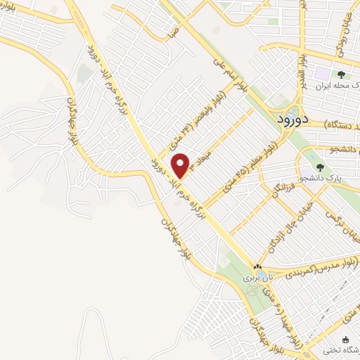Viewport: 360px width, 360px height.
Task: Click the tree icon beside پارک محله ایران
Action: pyautogui.click(x=341, y=75)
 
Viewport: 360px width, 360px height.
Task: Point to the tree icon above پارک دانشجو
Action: pyautogui.click(x=321, y=167)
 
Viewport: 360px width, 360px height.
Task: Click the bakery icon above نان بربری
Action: pyautogui.click(x=257, y=268)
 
